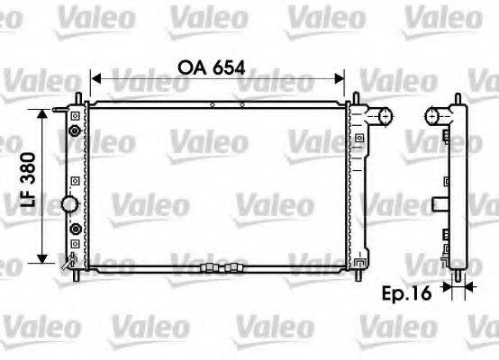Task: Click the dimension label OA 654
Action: [x=213, y=67]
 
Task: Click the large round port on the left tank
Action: [x=70, y=204]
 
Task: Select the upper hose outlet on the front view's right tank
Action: [x=384, y=115]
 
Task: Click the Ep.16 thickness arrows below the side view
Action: [x=458, y=290]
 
